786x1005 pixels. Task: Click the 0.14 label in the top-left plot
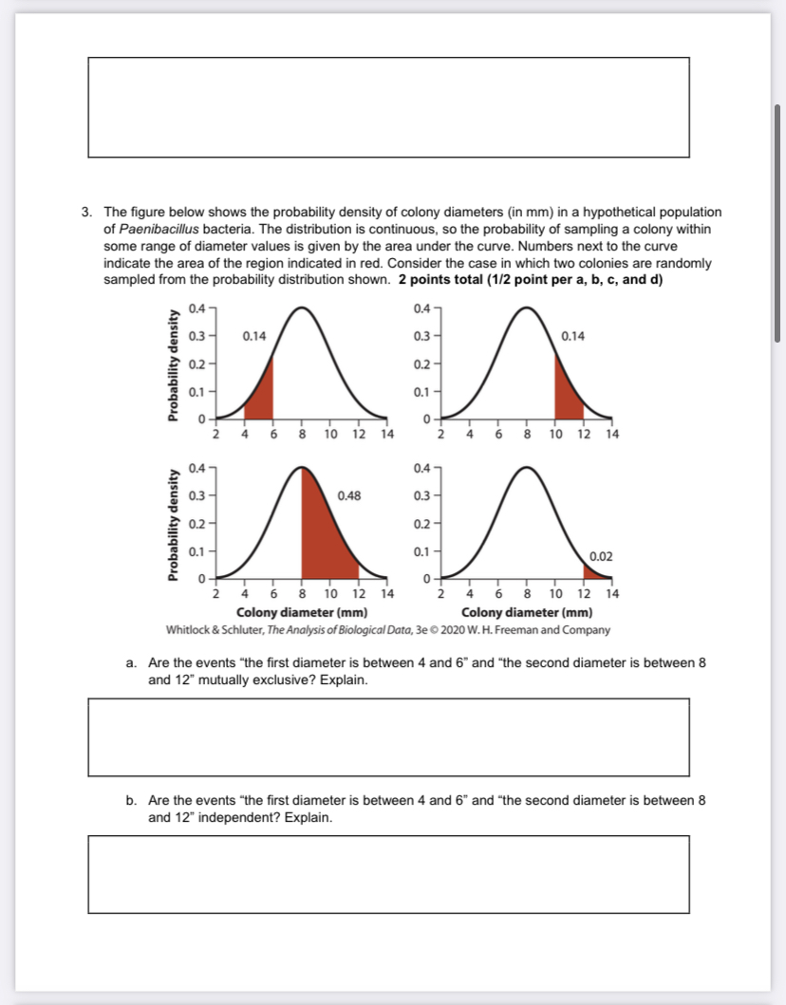(254, 336)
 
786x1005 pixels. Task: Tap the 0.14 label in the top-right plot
(573, 336)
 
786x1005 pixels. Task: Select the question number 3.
(85, 212)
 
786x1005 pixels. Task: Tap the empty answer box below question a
(388, 737)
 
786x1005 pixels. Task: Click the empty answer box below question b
(388, 874)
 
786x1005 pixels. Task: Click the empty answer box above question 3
(388, 107)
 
